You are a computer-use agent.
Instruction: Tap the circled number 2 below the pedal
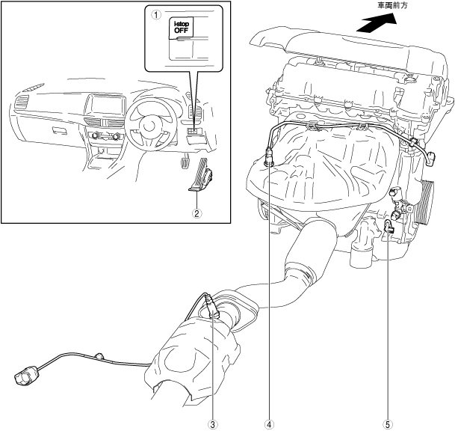click(x=196, y=213)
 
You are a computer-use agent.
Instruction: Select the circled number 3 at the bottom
click(x=213, y=424)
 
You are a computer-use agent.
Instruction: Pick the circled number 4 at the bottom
click(x=269, y=424)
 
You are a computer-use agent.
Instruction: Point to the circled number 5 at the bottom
click(x=387, y=424)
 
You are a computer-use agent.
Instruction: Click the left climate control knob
click(x=96, y=134)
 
